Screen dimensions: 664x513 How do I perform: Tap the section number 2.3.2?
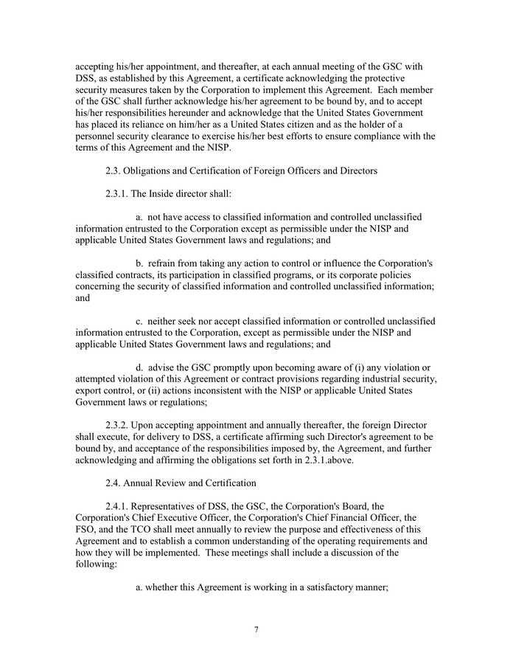coord(120,425)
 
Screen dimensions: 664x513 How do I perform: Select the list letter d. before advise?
coord(140,367)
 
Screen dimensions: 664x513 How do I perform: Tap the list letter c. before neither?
coord(140,321)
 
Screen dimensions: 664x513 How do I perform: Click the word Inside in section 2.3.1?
coord(162,194)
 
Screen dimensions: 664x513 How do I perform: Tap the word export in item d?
coord(91,390)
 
